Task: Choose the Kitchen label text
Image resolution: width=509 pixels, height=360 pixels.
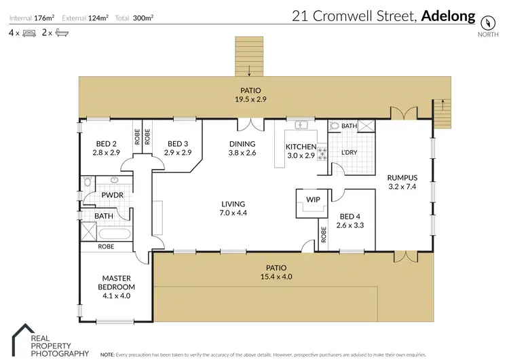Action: click(x=301, y=147)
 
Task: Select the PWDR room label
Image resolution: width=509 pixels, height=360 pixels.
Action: click(x=111, y=195)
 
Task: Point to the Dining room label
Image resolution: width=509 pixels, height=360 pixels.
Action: click(x=242, y=144)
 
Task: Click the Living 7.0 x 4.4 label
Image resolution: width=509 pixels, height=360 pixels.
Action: click(x=232, y=208)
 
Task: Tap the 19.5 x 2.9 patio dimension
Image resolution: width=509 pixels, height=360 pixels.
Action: click(x=250, y=99)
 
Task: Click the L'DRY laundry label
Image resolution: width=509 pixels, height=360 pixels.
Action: click(x=349, y=152)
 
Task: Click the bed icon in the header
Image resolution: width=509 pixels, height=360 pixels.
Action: click(x=29, y=32)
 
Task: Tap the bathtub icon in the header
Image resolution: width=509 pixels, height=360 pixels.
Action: click(x=60, y=32)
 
